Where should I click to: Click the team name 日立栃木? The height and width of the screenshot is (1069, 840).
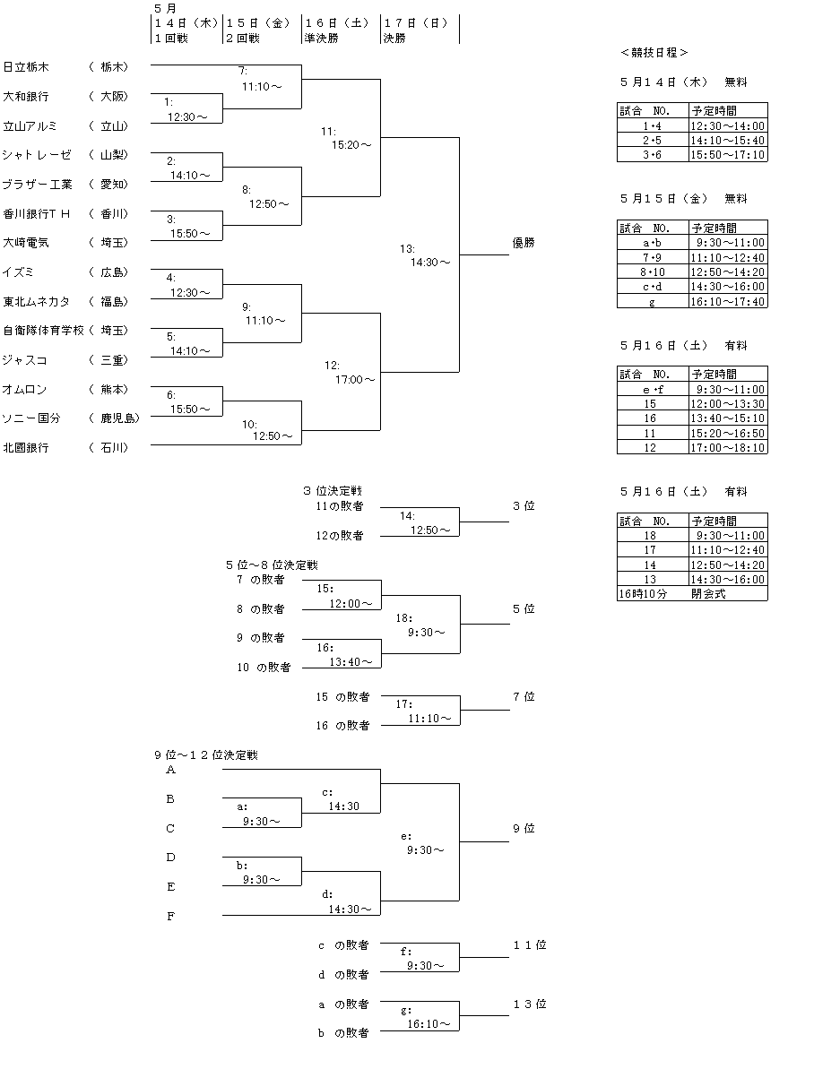(x=26, y=66)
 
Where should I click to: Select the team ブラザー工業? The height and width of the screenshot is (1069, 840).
(x=38, y=184)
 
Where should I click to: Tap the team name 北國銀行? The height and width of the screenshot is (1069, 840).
(x=26, y=447)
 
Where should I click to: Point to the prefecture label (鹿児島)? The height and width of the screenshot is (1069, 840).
(x=113, y=418)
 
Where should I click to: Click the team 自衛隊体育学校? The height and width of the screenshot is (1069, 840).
(x=43, y=331)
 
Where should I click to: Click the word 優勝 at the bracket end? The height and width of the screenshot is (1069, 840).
(x=524, y=242)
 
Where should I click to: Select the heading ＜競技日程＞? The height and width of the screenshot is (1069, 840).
(x=654, y=53)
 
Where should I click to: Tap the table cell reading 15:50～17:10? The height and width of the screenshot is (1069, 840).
(x=728, y=155)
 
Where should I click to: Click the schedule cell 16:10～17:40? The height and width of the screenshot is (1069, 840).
(x=728, y=301)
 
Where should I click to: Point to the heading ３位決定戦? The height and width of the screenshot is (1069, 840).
(x=332, y=491)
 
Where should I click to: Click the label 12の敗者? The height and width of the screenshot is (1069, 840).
(x=339, y=536)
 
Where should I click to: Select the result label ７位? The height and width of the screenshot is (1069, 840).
(x=524, y=696)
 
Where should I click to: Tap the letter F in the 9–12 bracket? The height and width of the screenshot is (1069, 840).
(x=171, y=916)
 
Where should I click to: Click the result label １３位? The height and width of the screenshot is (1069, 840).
(x=529, y=1004)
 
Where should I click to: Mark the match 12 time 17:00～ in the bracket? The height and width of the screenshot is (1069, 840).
(x=355, y=379)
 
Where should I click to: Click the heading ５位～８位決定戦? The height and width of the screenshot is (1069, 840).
(x=272, y=565)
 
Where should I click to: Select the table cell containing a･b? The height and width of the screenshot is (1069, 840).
(x=652, y=243)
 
